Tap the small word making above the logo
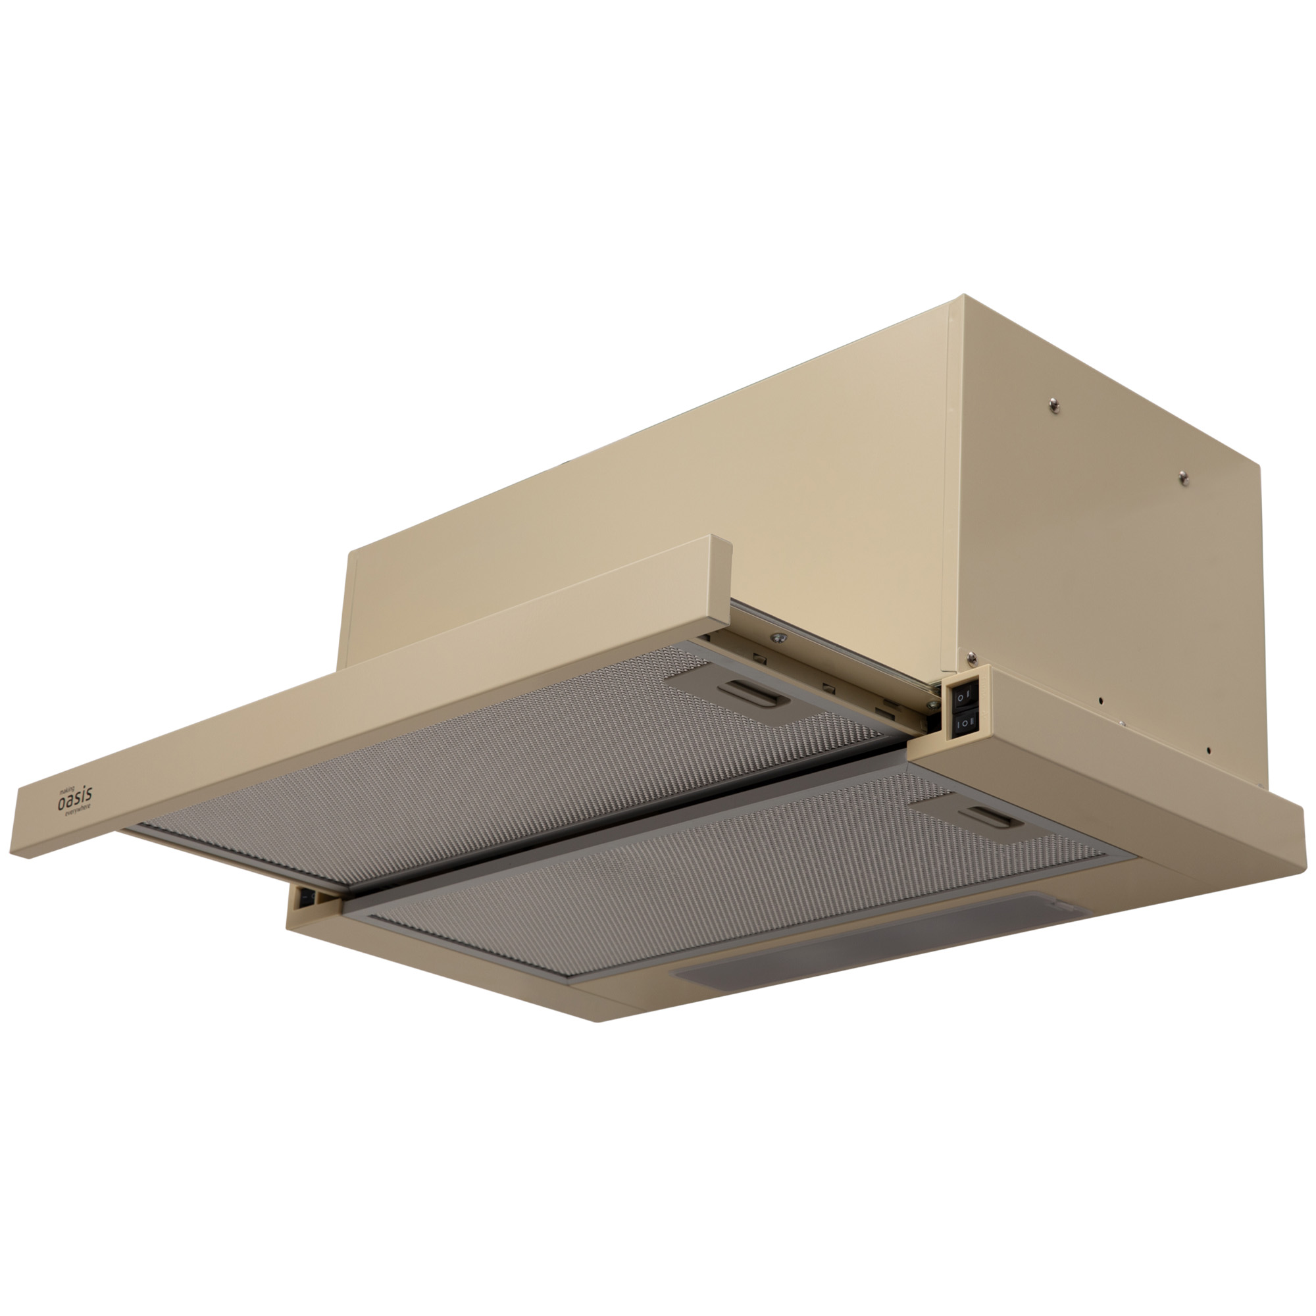point(66,790)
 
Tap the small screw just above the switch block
point(970,657)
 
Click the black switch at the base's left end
point(305,897)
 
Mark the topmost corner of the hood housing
point(964,295)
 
